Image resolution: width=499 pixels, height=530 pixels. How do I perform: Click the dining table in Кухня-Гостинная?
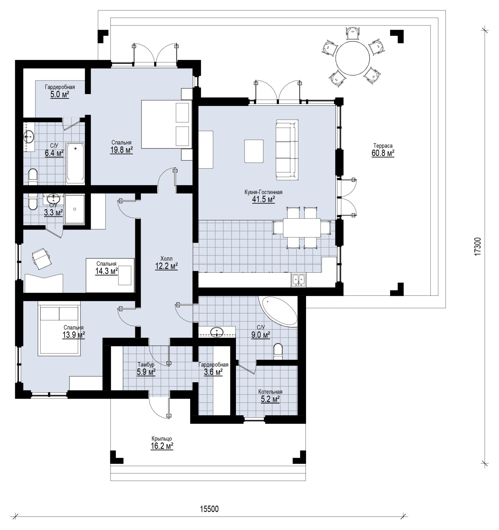301,228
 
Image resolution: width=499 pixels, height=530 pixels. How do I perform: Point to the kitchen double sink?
299,280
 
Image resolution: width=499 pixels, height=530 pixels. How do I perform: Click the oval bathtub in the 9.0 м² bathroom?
280,312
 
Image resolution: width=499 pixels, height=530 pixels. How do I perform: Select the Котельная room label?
270,392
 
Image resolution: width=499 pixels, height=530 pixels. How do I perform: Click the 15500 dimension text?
209,509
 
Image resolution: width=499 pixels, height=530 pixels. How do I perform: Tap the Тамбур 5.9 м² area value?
146,372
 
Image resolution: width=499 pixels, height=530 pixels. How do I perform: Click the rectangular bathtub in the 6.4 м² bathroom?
75,163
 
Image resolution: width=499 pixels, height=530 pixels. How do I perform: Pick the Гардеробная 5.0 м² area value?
60,94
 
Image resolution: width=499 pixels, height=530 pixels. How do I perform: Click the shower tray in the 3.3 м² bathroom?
75,209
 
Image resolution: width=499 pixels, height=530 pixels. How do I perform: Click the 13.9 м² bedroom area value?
74,335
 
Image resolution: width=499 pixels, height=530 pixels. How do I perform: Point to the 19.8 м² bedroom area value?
121,150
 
